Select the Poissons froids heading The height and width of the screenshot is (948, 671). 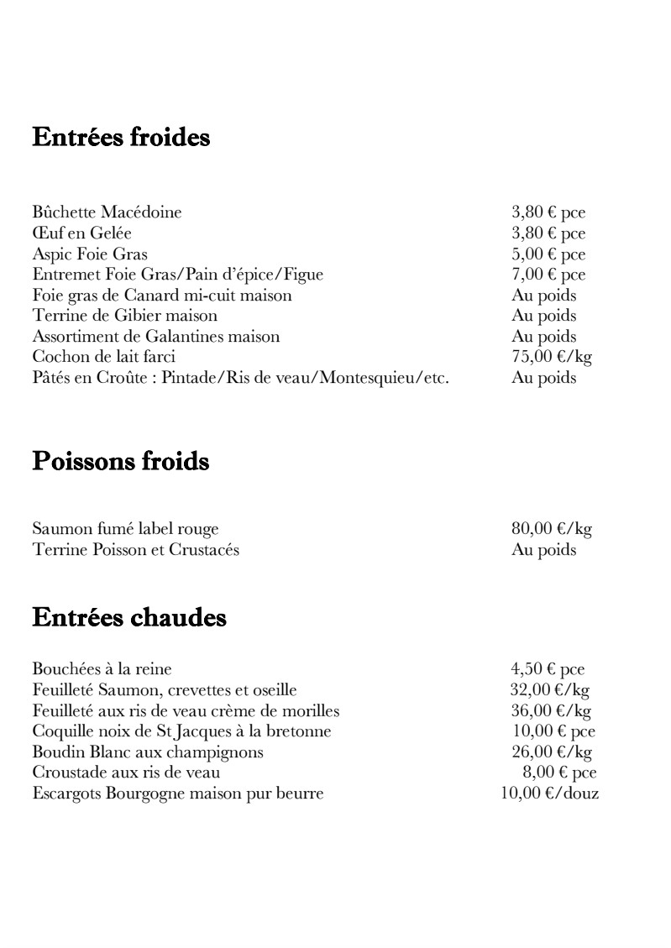point(120,461)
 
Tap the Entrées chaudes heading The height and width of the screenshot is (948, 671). point(129,618)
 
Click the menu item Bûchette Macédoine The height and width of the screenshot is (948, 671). point(107,212)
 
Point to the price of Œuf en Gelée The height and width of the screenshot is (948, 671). point(548,233)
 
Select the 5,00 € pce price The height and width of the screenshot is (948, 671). point(548,254)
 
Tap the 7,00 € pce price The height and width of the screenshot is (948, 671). point(548,275)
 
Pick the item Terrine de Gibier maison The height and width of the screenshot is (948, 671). point(125,316)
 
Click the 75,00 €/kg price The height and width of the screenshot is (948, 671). point(551,357)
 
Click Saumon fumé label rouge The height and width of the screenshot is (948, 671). point(125,529)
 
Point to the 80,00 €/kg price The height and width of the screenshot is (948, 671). point(551,529)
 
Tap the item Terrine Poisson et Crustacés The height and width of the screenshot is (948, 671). point(136,550)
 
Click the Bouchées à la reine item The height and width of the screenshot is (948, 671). point(102,669)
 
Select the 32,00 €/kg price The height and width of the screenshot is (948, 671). point(551,690)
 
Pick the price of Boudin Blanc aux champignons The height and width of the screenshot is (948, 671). point(551,752)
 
